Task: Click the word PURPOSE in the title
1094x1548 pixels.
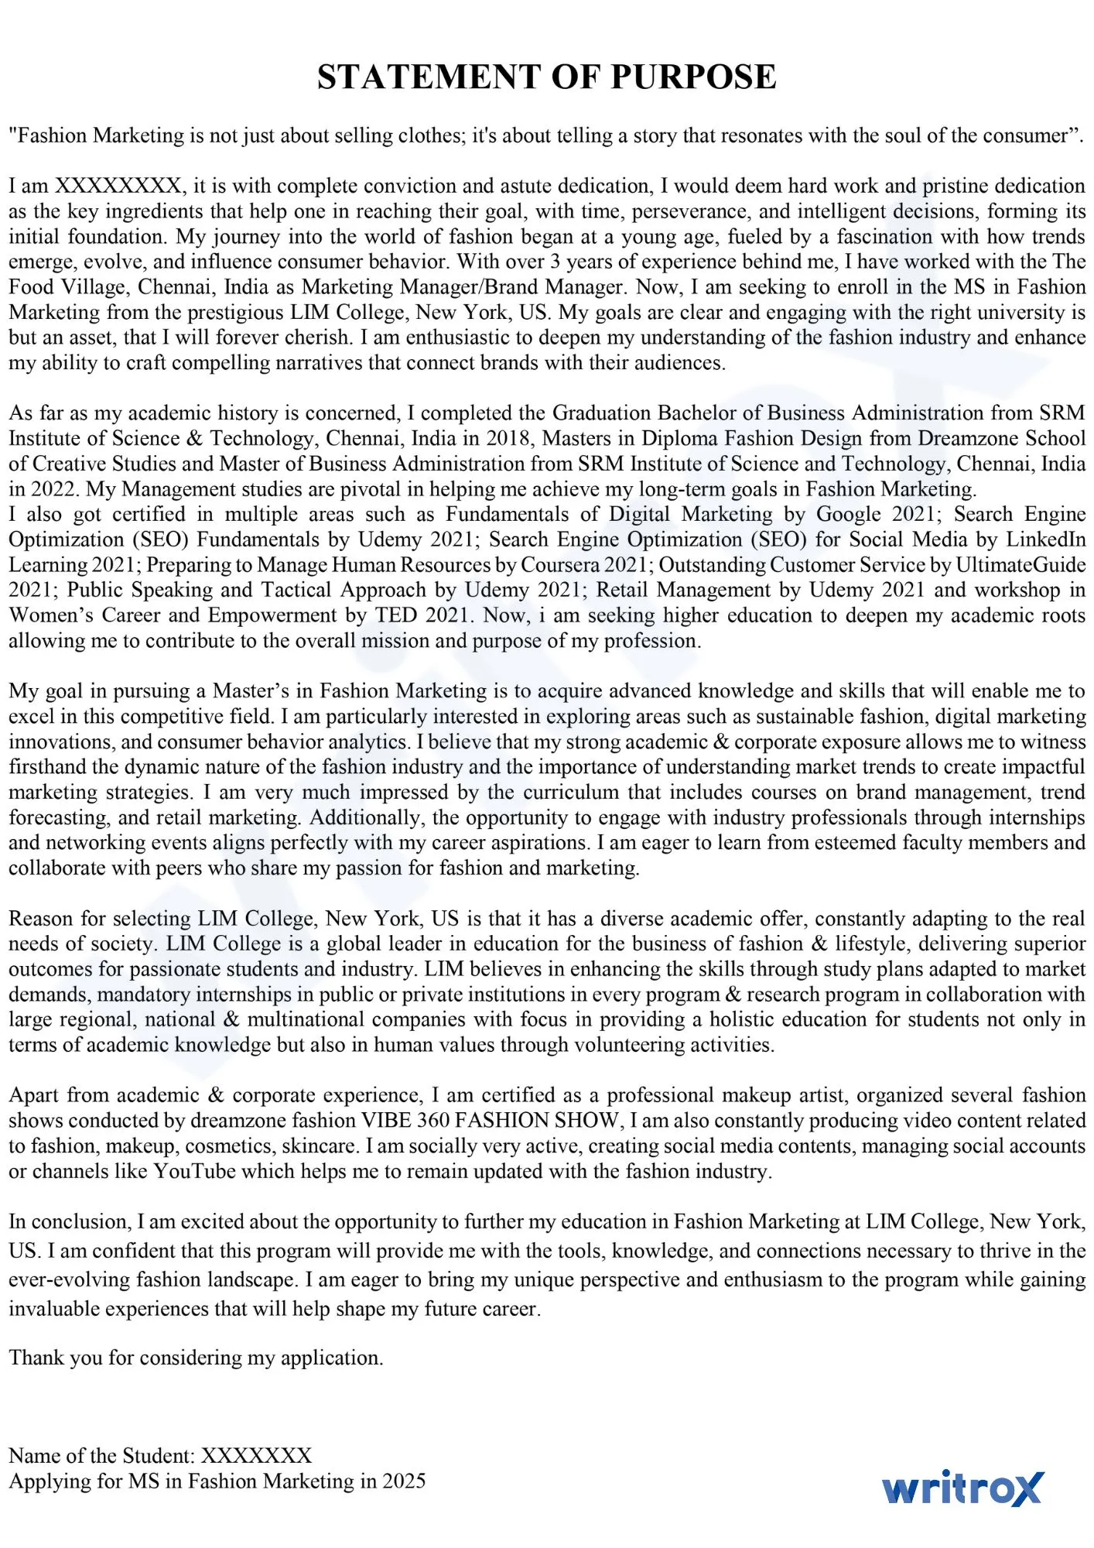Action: [x=693, y=77]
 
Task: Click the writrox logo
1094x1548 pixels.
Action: [x=962, y=1487]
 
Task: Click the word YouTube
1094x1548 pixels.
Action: [x=194, y=1171]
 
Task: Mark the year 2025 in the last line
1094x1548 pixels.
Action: [x=404, y=1481]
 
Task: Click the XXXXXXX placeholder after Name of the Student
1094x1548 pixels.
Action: [x=256, y=1455]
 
